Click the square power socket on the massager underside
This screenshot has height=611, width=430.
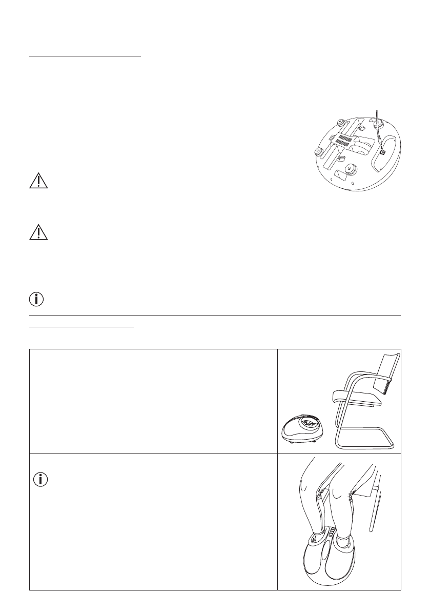pyautogui.click(x=382, y=152)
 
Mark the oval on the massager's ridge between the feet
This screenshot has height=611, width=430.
pyautogui.click(x=328, y=551)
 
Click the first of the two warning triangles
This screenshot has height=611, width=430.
pyautogui.click(x=38, y=182)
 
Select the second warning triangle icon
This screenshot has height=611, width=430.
pyautogui.click(x=38, y=233)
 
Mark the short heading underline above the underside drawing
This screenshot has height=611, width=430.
pyautogui.click(x=85, y=57)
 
